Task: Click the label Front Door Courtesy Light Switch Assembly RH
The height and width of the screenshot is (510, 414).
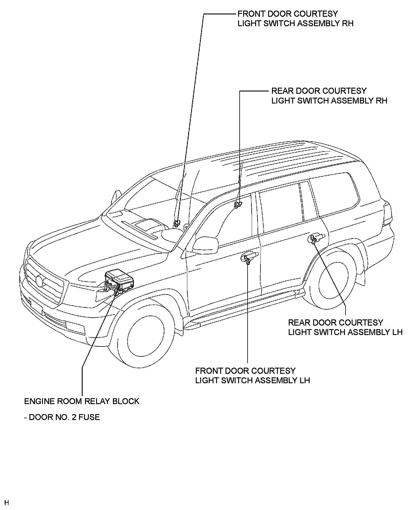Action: pos(295,19)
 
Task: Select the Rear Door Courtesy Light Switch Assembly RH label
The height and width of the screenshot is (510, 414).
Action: pos(329,96)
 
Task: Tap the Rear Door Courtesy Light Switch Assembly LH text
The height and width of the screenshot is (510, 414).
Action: pos(345,327)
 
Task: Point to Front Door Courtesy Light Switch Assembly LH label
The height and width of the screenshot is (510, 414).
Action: pos(252,375)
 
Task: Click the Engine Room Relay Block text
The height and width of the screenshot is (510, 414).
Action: pos(81,401)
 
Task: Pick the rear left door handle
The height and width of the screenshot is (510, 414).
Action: pos(316,237)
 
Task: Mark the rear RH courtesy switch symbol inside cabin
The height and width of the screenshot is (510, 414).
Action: pos(238,204)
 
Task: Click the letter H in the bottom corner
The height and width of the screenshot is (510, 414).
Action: pos(6,502)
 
